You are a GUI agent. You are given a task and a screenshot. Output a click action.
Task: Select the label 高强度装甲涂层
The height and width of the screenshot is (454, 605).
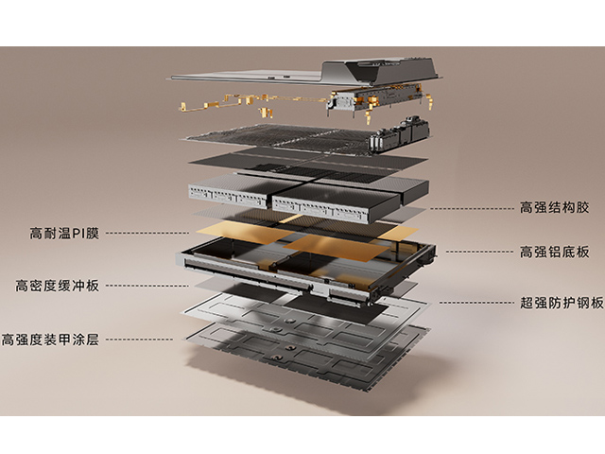[x=50, y=339]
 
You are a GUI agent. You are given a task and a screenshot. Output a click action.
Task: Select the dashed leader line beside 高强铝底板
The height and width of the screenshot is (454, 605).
[x=477, y=252]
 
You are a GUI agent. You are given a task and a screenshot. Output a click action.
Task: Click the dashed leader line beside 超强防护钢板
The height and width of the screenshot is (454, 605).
[x=473, y=303]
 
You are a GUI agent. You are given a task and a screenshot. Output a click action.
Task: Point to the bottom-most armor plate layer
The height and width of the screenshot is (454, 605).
[x=302, y=355]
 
